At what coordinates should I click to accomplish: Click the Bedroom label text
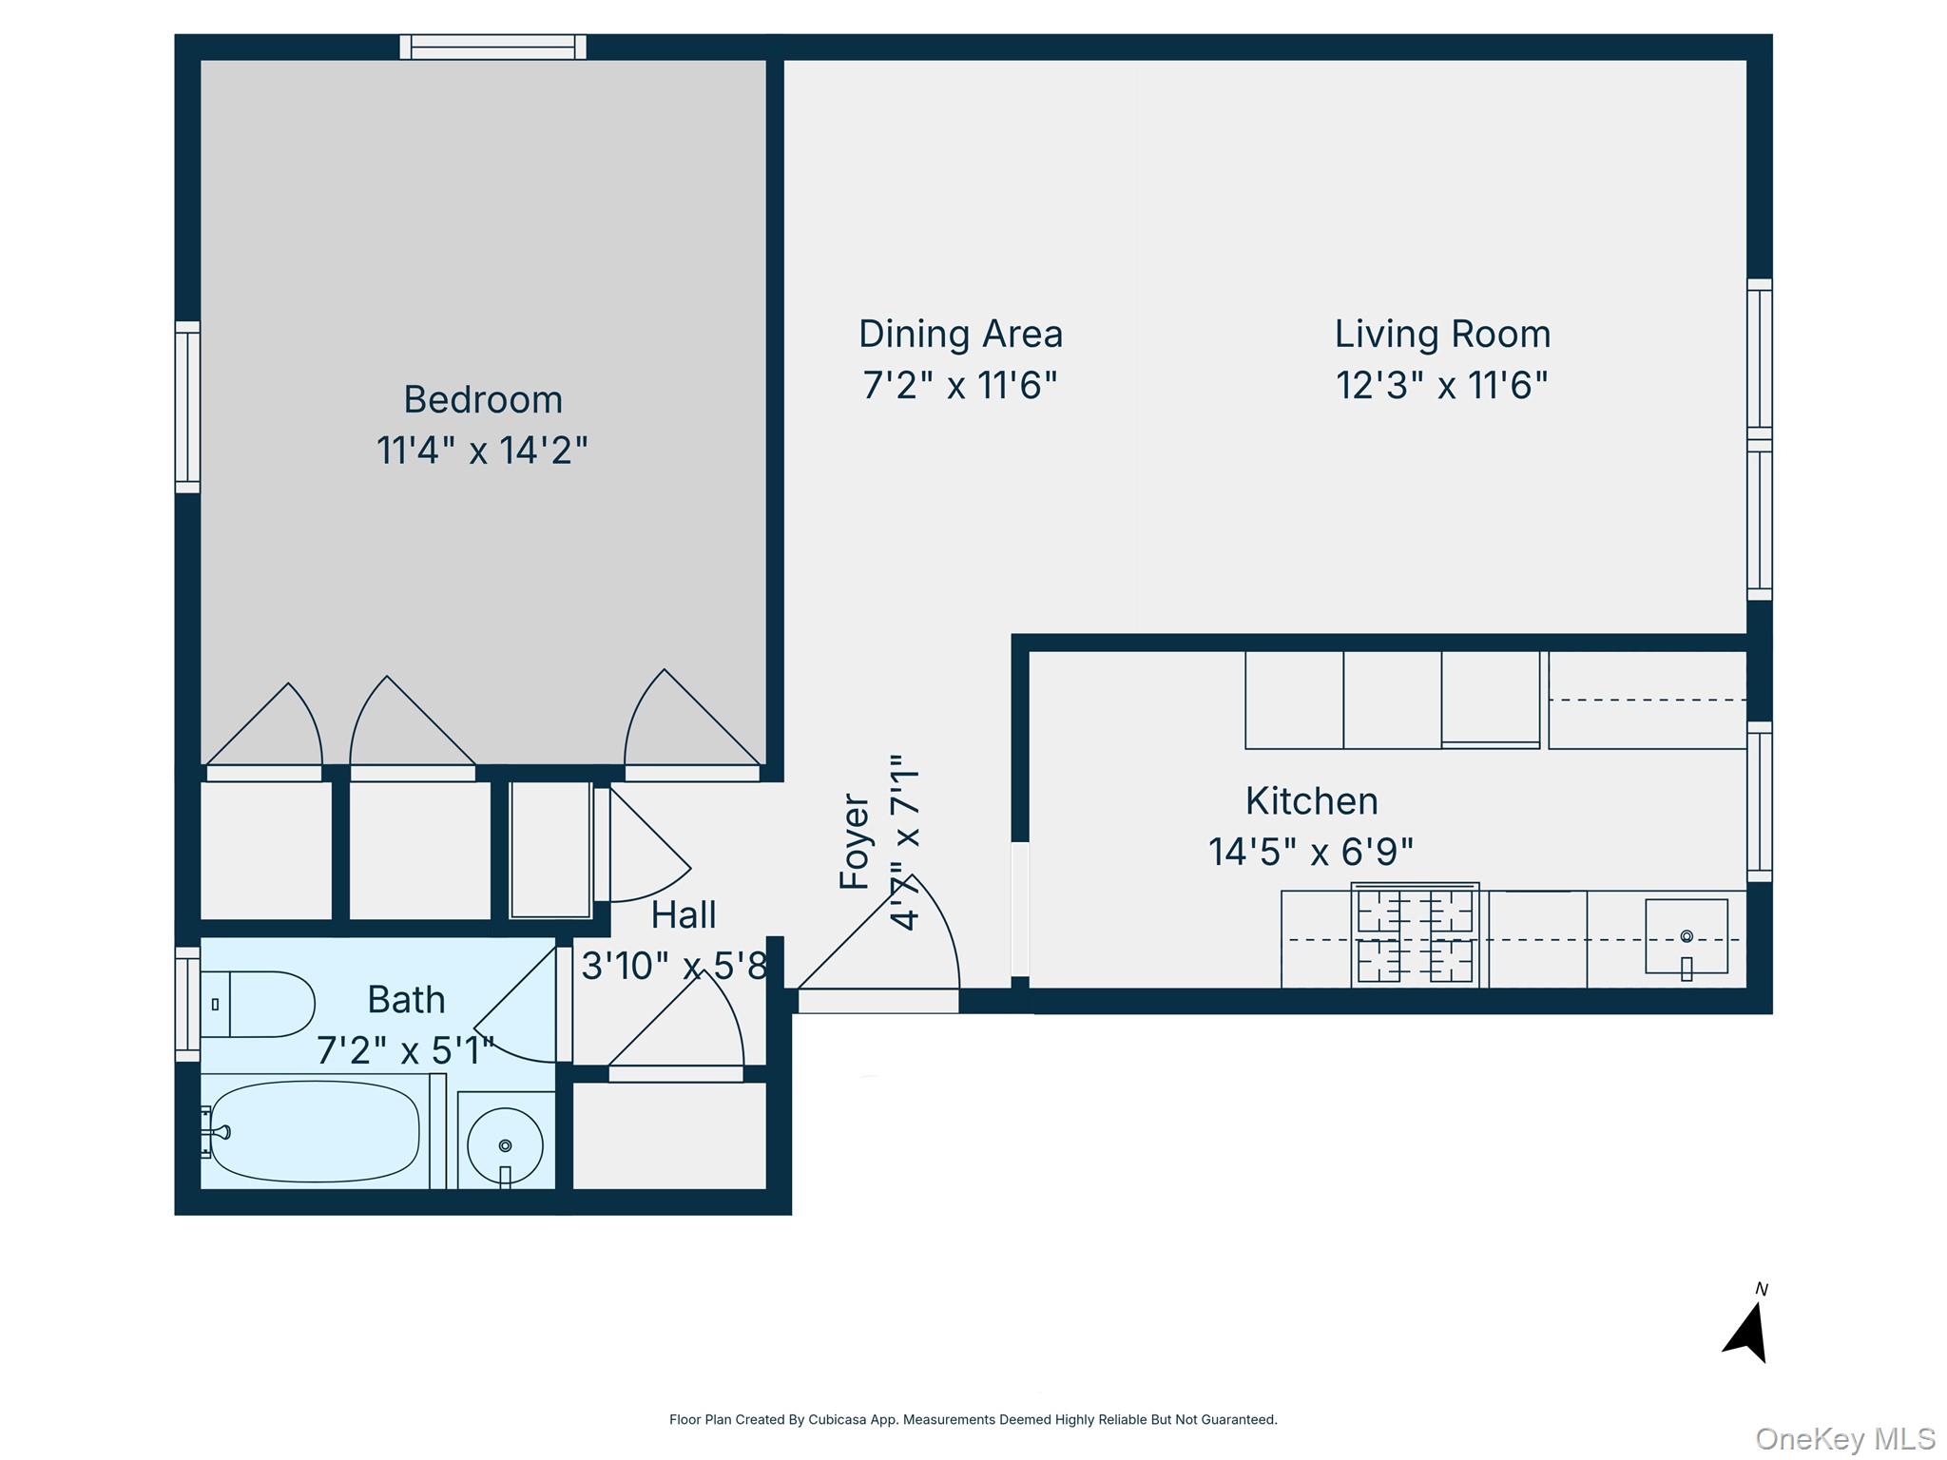click(483, 399)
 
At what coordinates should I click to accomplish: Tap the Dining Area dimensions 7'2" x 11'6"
click(959, 385)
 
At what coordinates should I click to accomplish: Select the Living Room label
click(1442, 334)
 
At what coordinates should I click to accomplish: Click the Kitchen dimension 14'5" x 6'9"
click(1310, 852)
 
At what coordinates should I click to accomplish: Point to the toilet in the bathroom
click(259, 1004)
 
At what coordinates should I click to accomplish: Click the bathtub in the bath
click(314, 1132)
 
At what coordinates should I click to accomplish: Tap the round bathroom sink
click(505, 1144)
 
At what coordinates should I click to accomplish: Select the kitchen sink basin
click(1686, 937)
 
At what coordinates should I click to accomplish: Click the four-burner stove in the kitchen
click(1415, 935)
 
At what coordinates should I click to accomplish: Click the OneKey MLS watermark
click(1844, 1438)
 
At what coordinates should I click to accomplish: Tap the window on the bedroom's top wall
click(492, 47)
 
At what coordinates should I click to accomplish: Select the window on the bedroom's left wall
click(187, 407)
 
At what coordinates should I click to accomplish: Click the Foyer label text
click(854, 842)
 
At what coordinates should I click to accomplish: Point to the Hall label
click(683, 915)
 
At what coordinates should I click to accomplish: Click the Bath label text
click(406, 1000)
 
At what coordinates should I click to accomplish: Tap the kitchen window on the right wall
click(1759, 801)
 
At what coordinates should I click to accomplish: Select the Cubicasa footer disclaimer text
click(973, 1419)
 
